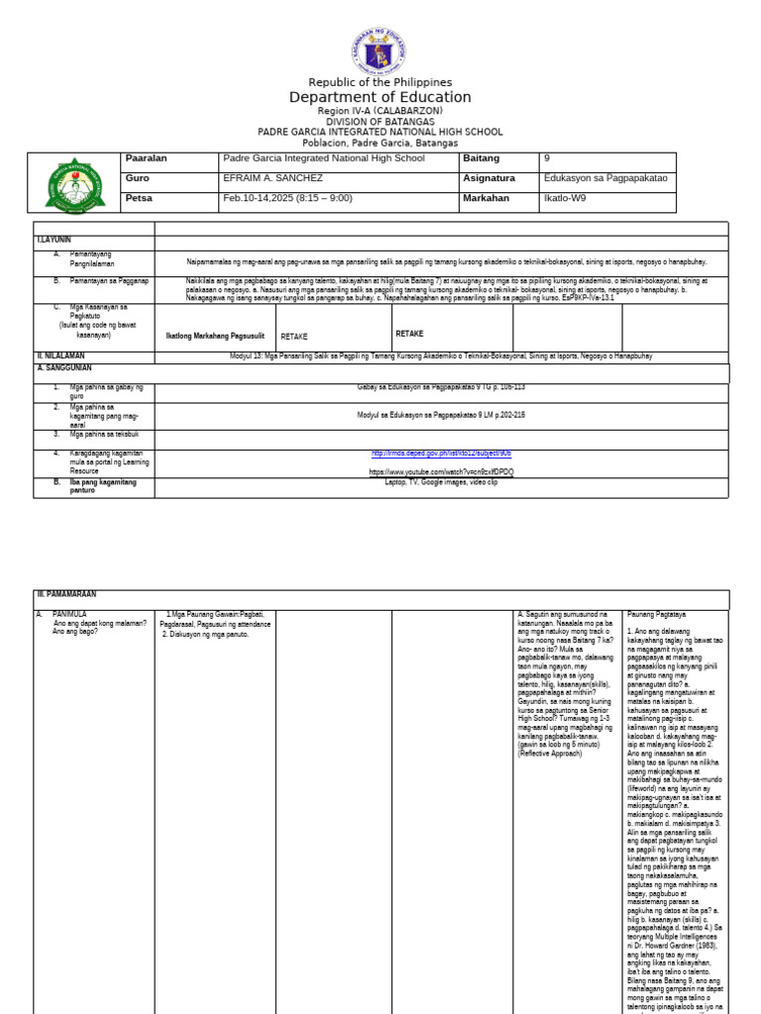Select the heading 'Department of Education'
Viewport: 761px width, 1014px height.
coord(380,97)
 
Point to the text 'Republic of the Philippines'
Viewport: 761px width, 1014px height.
coord(380,82)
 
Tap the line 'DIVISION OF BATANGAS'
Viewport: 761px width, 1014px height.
coord(380,122)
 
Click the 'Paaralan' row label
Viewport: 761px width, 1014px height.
coord(147,158)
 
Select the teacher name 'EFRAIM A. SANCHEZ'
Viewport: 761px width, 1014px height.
coord(274,178)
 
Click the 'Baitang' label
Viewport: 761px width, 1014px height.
coord(481,158)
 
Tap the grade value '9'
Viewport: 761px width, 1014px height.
coord(547,158)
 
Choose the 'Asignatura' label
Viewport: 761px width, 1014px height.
coord(489,178)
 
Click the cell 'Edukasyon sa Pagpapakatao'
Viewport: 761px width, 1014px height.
coord(605,178)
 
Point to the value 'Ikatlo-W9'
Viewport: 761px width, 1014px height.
coord(566,198)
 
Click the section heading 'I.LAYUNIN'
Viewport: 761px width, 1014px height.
coord(54,241)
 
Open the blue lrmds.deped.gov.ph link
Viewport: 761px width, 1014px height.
coord(442,454)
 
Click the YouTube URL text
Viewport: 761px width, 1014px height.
coord(442,472)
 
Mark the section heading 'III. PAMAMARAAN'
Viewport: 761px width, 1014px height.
coord(68,594)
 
